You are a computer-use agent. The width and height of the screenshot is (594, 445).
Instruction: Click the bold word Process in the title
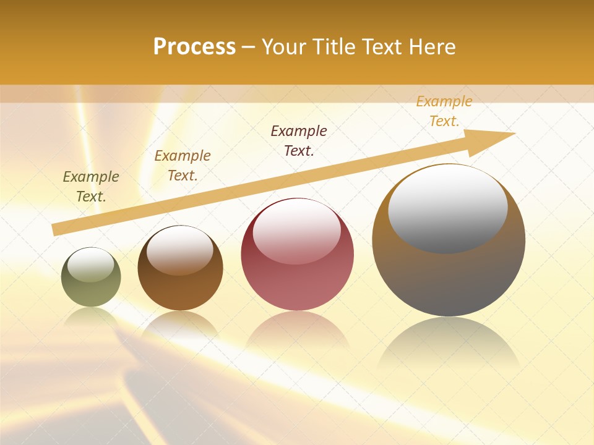194,47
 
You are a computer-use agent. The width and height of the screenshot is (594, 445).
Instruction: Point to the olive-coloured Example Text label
91,187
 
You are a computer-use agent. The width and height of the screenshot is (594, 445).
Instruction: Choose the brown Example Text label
183,166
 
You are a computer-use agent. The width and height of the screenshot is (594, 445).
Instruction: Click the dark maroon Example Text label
299,141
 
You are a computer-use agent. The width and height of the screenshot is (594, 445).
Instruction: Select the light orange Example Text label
444,111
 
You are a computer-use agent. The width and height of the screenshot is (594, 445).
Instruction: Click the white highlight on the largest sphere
448,207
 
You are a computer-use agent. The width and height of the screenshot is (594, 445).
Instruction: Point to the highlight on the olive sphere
91,265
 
